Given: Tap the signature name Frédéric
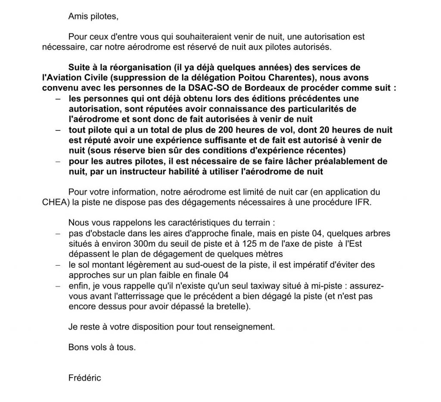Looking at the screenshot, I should (x=84, y=378).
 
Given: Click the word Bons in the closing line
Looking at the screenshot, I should (x=77, y=347).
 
